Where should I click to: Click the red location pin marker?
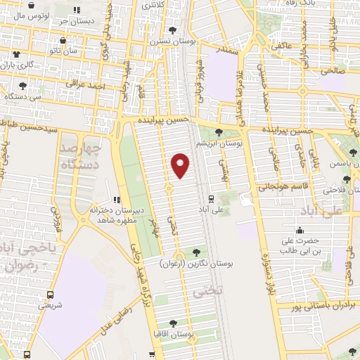point(181,165)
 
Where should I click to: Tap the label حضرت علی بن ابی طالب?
point(301,245)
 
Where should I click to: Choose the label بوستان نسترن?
point(173,41)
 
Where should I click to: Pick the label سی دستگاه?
point(24,96)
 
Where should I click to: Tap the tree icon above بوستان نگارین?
point(195,252)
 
